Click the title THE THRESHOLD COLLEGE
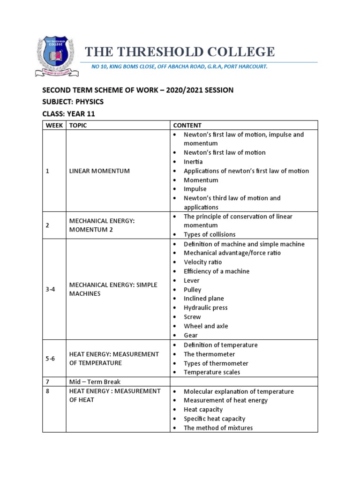[x=179, y=52]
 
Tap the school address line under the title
[x=179, y=67]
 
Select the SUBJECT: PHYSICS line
[x=73, y=102]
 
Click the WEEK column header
[x=54, y=125]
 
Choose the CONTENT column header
[x=187, y=125]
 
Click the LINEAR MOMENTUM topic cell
[x=99, y=171]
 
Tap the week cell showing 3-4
[x=51, y=289]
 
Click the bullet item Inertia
[x=193, y=162]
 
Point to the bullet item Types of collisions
[x=209, y=234]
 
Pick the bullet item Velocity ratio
[x=202, y=262]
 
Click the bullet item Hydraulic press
[x=205, y=307]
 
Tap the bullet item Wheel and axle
[x=206, y=326]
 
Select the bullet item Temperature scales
[x=211, y=372]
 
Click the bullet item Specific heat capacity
[x=214, y=419]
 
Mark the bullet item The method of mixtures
[x=218, y=427]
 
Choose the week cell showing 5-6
[x=51, y=359]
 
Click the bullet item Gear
[x=190, y=335]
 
